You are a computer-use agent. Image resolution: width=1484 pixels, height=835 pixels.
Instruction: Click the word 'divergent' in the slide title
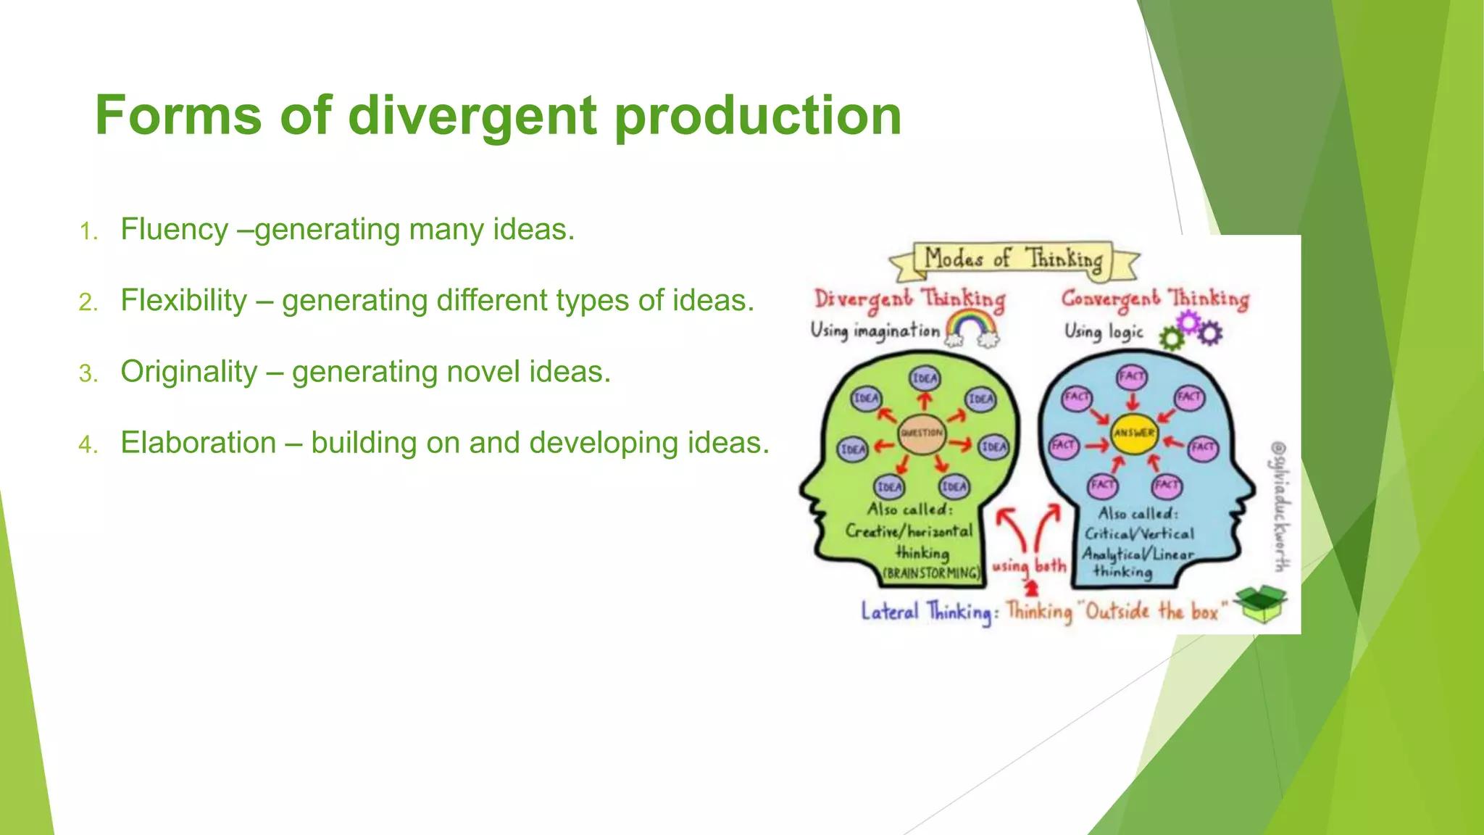pos(472,116)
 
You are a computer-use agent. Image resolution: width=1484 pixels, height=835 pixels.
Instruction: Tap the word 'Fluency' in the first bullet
pos(174,230)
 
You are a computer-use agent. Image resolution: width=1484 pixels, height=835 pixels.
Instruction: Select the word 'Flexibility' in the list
pos(184,301)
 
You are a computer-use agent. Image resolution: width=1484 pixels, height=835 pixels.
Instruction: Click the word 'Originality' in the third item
pos(188,372)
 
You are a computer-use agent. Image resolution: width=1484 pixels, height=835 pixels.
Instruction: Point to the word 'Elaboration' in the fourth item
pos(198,443)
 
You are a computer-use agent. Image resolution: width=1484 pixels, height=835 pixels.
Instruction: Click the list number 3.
pos(88,374)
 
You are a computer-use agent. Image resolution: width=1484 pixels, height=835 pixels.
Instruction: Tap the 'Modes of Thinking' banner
pos(1013,259)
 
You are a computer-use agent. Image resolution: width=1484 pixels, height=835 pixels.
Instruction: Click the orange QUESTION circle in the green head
pos(922,433)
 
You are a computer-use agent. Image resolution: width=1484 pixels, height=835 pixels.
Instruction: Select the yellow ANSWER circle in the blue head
pos(1134,433)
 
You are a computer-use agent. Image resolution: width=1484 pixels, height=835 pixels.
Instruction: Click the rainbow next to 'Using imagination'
pos(972,328)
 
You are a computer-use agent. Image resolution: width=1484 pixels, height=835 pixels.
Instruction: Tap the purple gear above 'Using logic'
pos(1188,320)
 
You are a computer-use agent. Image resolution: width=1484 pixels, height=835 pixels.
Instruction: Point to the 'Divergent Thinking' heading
pos(909,300)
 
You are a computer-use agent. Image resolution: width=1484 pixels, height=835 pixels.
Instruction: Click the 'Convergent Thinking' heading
pos(1155,300)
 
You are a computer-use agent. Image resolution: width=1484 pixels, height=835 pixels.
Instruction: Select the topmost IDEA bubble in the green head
pos(925,378)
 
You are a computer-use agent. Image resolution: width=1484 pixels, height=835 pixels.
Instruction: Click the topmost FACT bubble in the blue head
pos(1132,376)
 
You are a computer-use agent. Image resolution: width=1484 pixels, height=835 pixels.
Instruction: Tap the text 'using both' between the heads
pos(1029,566)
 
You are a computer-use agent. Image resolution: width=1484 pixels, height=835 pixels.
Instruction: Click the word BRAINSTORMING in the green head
pos(932,573)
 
